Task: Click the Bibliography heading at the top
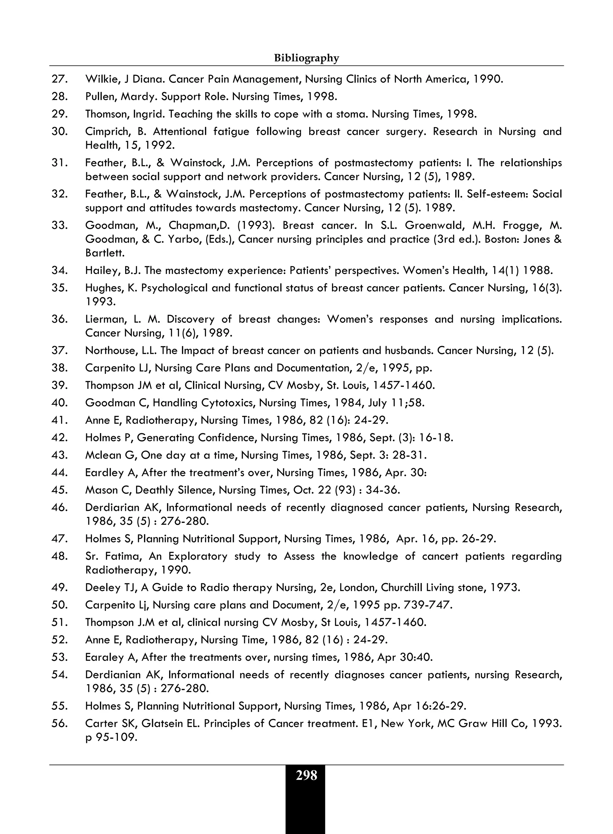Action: coord(306,58)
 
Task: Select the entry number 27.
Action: coord(59,79)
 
